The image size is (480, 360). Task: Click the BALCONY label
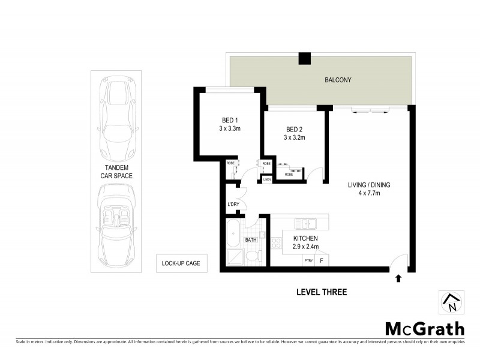338,80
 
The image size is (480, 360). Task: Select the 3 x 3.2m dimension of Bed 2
295,137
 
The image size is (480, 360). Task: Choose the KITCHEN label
305,238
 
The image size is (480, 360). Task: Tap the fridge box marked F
322,260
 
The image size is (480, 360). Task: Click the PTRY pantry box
308,260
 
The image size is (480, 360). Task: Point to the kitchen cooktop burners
277,243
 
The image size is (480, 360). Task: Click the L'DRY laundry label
233,205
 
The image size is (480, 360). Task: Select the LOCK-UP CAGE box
181,262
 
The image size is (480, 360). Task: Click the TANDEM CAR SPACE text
116,172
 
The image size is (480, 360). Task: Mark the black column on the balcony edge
305,58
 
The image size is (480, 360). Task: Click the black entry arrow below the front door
398,278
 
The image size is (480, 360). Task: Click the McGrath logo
424,328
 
